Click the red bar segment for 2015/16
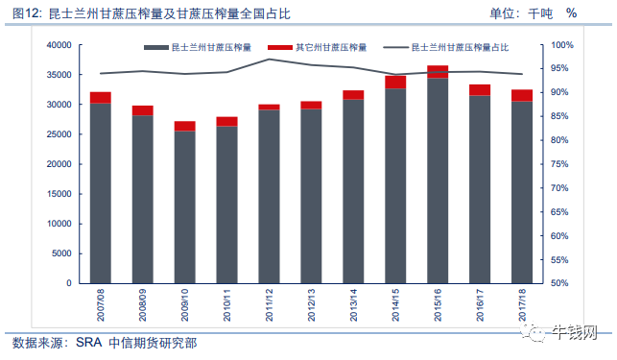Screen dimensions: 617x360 [438, 72]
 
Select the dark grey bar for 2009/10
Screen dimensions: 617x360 [185, 207]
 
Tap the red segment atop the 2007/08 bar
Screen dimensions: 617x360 [101, 98]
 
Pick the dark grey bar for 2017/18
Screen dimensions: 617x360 [522, 192]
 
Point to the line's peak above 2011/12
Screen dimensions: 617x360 [269, 60]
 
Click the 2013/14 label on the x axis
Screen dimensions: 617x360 [353, 305]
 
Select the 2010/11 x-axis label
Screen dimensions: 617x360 [226, 305]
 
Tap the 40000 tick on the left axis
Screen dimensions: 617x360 [59, 45]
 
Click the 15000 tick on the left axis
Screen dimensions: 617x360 [59, 194]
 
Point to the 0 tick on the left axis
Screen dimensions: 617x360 [69, 283]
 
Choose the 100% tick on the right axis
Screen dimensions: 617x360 [562, 45]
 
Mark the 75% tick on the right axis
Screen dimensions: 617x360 [559, 164]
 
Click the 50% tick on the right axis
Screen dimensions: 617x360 [559, 283]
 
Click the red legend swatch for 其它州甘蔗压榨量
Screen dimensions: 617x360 [280, 48]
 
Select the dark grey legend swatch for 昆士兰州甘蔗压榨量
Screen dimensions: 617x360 [156, 48]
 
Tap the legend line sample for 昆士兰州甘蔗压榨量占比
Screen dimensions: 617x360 [396, 48]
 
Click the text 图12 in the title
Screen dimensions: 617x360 [26, 13]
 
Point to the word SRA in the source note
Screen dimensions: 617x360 [89, 343]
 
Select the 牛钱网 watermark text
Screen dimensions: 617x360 [575, 333]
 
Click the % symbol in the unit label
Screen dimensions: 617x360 [571, 13]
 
